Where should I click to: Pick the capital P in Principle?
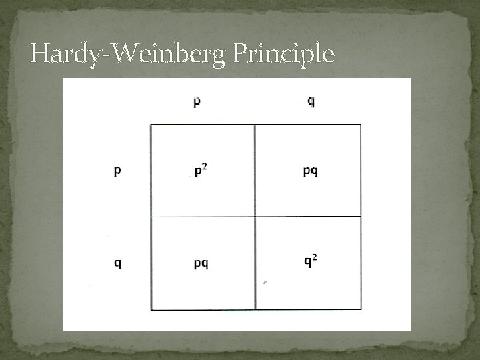(x=241, y=53)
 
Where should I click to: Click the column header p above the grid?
(x=197, y=102)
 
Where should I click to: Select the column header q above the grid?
(x=311, y=101)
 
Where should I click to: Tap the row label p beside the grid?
(x=117, y=171)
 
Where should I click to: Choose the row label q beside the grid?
(x=117, y=263)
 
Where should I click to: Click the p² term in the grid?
(x=200, y=171)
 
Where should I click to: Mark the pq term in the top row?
(x=311, y=171)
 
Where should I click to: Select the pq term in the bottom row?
(x=201, y=263)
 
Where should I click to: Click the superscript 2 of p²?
(x=205, y=167)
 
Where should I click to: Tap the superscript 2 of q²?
(x=315, y=257)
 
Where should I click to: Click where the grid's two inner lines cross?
(x=255, y=217)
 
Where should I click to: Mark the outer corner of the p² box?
(x=151, y=125)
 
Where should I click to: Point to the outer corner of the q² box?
(x=361, y=309)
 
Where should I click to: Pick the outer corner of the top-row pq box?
(x=361, y=125)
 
